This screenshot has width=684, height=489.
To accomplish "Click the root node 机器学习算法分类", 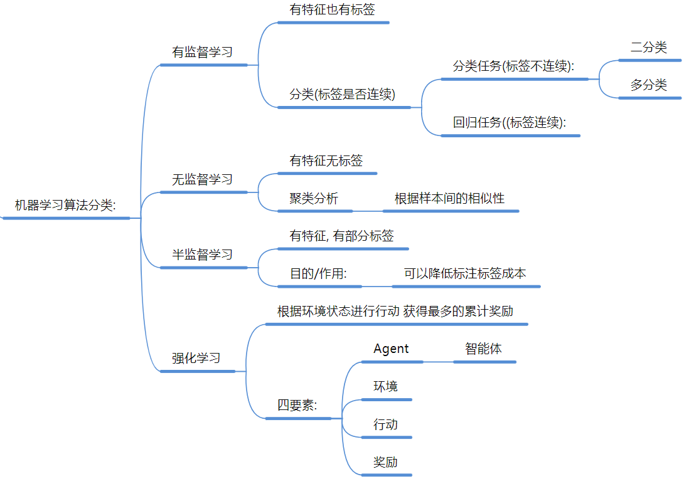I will (x=65, y=205).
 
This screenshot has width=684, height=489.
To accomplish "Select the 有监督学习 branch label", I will (x=202, y=52).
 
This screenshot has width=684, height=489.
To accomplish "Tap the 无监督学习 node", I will (x=202, y=179).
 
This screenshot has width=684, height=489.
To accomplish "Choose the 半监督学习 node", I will (x=202, y=255).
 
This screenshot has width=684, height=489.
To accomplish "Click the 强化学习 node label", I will (x=196, y=358).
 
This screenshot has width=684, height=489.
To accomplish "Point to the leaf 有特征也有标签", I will (x=333, y=9).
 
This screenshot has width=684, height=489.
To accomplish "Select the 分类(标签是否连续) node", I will (x=342, y=95).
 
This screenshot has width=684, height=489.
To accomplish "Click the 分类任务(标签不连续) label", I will (x=514, y=66).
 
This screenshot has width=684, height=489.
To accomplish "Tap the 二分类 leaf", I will (x=649, y=48).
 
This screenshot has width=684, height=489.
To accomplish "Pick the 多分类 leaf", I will (x=649, y=85).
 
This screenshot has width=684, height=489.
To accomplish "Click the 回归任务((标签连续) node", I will (x=510, y=123).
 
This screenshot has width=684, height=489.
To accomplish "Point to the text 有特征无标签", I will (x=326, y=160).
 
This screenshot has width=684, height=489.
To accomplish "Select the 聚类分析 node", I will (x=314, y=199).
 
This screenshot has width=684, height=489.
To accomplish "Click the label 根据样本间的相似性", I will (x=449, y=199).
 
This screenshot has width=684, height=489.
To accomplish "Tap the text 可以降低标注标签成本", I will (x=465, y=273).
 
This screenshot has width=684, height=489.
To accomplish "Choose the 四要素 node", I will (x=297, y=405).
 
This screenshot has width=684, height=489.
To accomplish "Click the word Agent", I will (x=391, y=349).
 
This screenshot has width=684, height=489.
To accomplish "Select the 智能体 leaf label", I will (x=483, y=349).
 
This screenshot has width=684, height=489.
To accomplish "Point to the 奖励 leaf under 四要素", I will (x=385, y=463).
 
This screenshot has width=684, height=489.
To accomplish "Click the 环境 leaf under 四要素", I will (x=385, y=386).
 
